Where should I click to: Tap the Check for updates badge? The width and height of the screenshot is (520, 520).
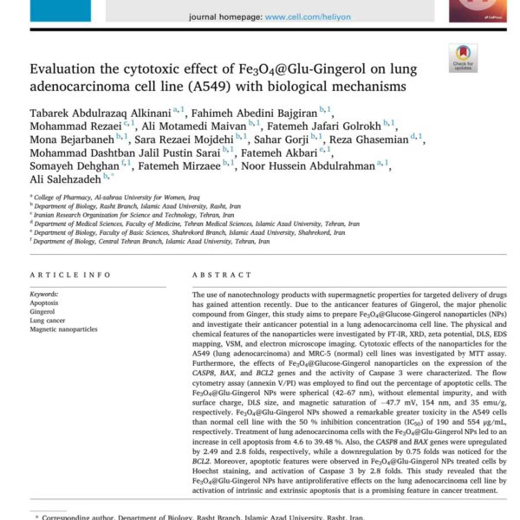pos(463,57)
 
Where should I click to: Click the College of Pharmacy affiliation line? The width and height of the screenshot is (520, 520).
pos(104,198)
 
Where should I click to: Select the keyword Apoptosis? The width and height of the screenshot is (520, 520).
pos(45,303)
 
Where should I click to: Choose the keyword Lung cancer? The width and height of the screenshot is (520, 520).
pos(48,321)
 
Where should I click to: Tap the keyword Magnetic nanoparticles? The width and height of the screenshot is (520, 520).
pos(64,329)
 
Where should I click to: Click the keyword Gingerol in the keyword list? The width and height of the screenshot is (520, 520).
pos(43,312)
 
